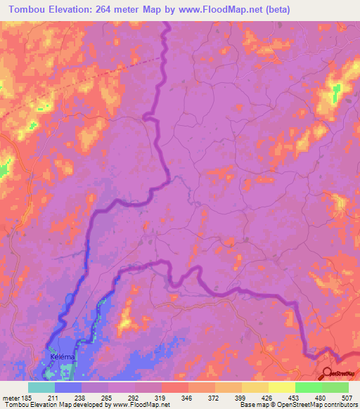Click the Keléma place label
[x=63, y=357]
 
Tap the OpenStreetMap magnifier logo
[x=328, y=373]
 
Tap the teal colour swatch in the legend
[x=41, y=387]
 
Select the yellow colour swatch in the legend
[x=255, y=387]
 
